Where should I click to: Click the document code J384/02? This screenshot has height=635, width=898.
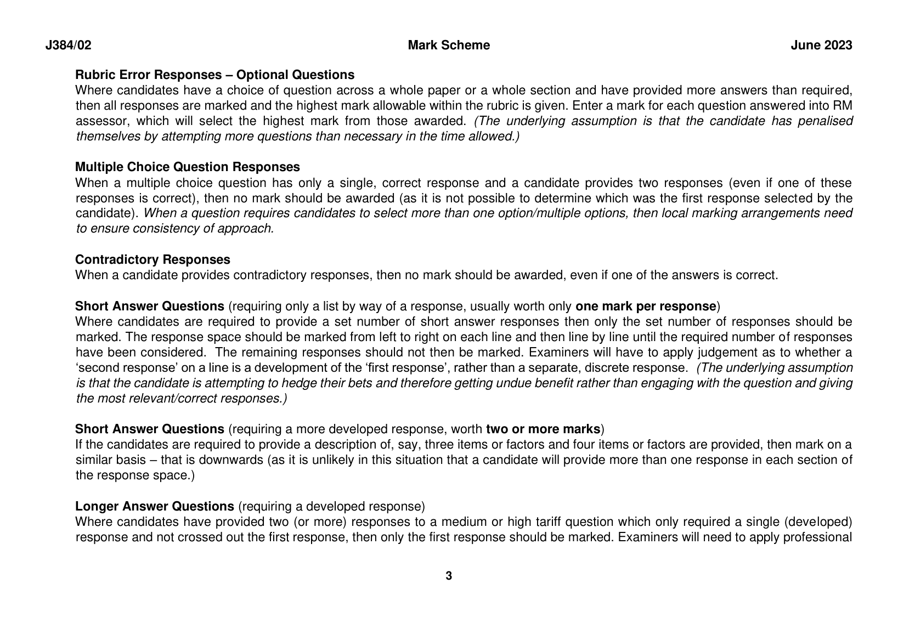point(68,46)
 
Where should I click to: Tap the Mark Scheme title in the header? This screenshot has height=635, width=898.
point(449,46)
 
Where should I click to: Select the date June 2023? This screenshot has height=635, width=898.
point(821,46)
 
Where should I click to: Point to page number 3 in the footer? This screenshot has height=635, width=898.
point(449,576)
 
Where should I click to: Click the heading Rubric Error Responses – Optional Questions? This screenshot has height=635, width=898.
point(214,75)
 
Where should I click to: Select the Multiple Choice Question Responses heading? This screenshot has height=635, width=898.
point(187,167)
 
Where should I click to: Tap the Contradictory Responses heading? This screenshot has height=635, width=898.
point(153,259)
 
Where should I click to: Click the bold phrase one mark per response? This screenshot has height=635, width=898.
point(646,306)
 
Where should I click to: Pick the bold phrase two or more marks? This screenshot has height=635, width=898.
point(543,429)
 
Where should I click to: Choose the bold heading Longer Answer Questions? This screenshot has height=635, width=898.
point(154,506)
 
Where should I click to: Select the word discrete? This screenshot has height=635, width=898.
point(605,368)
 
